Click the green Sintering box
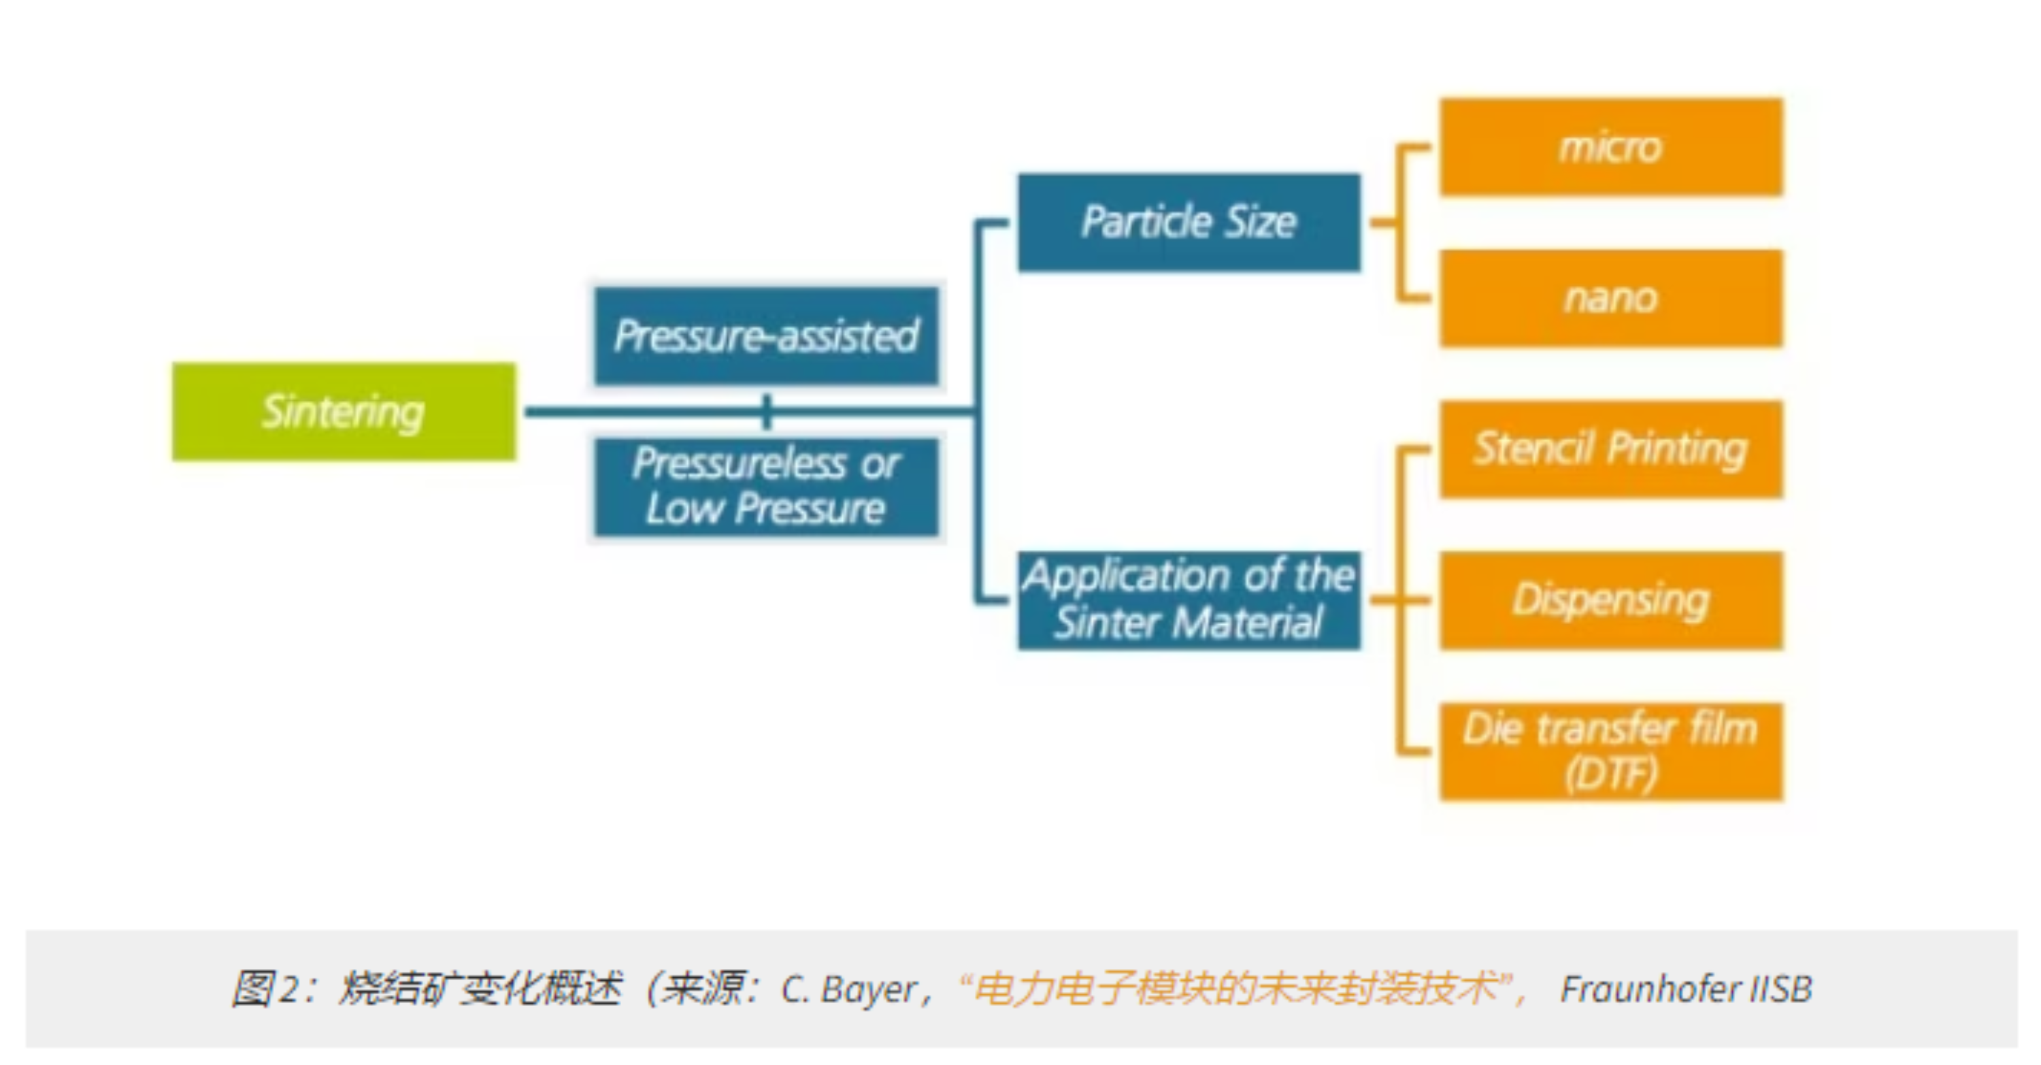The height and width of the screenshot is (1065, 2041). point(344,411)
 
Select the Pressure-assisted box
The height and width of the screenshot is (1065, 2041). point(766,336)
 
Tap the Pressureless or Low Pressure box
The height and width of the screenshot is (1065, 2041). point(766,487)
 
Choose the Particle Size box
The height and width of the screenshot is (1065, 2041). point(1189,222)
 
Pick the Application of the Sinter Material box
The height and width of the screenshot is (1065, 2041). point(1189,600)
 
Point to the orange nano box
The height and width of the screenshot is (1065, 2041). point(1611,299)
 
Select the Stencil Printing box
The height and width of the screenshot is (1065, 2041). point(1611,449)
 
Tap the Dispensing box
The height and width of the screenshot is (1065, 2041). point(1611,600)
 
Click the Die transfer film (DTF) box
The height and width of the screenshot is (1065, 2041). point(1611,751)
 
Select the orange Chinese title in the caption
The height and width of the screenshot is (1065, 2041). point(1236,989)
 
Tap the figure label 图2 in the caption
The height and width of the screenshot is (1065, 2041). point(265,989)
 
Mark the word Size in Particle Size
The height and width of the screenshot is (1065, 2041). point(1261,222)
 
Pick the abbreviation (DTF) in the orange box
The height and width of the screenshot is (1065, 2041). point(1611,773)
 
